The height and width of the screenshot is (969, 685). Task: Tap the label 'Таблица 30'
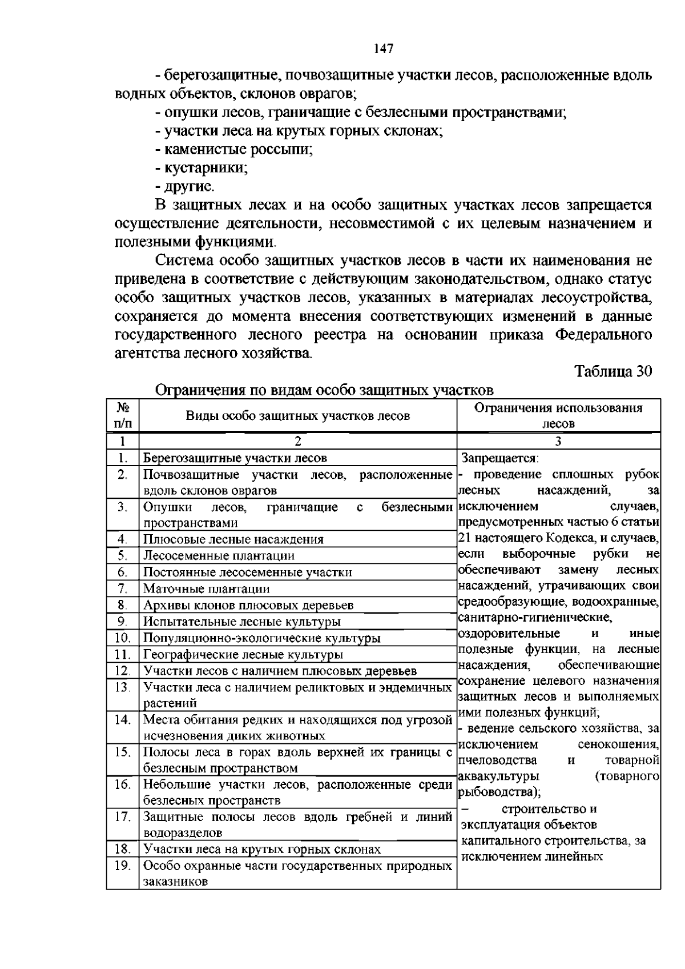(x=613, y=371)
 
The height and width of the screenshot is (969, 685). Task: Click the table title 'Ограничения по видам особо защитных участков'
(x=324, y=390)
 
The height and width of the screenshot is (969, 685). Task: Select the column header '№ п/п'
(x=123, y=415)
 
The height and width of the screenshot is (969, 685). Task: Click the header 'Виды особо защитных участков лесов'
(x=298, y=416)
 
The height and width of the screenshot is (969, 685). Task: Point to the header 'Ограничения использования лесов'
(x=558, y=415)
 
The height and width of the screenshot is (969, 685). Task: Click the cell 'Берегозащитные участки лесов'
(x=235, y=458)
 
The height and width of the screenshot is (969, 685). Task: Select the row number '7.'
(x=123, y=588)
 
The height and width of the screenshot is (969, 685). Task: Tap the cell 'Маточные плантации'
(x=207, y=588)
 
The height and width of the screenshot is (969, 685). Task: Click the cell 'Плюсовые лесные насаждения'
(x=233, y=539)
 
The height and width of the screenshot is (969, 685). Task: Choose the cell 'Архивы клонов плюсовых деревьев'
(x=248, y=605)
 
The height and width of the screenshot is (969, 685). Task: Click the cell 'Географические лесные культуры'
(x=243, y=655)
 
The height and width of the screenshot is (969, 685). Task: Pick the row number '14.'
(x=123, y=720)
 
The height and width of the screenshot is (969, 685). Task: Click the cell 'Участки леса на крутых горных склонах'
(x=262, y=850)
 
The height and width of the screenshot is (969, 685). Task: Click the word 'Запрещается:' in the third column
(x=500, y=458)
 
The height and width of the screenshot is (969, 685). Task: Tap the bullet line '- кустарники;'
(x=202, y=168)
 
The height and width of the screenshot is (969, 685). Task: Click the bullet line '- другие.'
(x=185, y=186)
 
